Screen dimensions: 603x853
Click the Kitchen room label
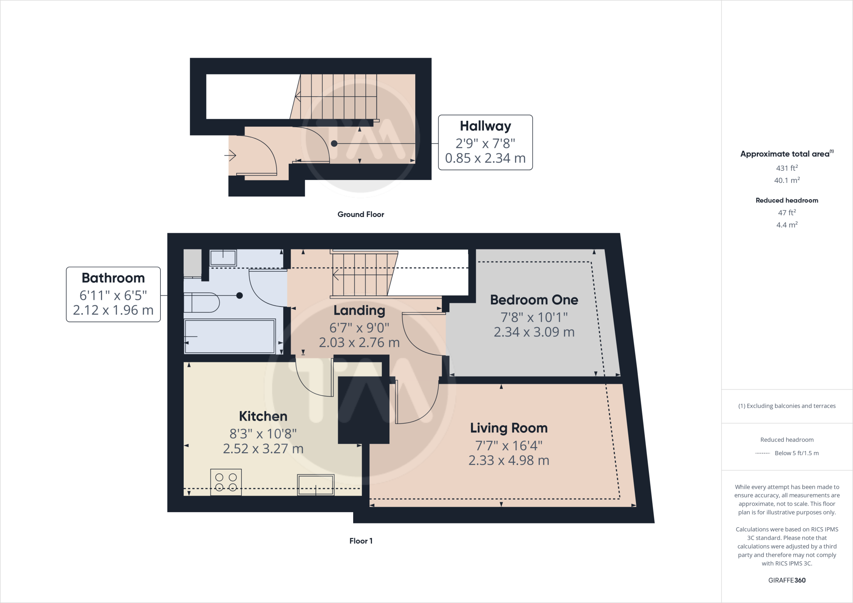(x=263, y=416)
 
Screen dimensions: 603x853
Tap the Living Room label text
(x=509, y=428)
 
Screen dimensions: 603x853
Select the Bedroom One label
(x=534, y=299)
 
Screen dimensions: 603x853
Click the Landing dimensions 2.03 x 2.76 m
(x=359, y=342)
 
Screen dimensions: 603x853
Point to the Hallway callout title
(x=485, y=126)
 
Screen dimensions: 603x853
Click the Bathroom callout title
(x=113, y=278)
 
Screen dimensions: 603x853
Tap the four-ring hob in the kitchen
(x=226, y=482)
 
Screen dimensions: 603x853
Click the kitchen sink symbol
(x=315, y=485)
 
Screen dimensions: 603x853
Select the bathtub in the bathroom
(x=229, y=336)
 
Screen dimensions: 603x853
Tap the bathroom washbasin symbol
(x=223, y=258)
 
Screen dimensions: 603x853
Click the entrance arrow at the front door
(x=230, y=156)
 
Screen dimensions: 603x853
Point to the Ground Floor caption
(x=361, y=214)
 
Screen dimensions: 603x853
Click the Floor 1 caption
(x=361, y=541)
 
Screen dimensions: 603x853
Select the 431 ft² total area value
(x=786, y=168)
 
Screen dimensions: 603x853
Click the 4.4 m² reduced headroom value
(x=786, y=225)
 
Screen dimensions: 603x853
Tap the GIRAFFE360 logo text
(x=786, y=580)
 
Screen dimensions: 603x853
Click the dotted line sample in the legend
(x=763, y=453)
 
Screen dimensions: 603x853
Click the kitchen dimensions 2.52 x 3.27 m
(x=263, y=449)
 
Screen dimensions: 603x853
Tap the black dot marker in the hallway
(x=334, y=143)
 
